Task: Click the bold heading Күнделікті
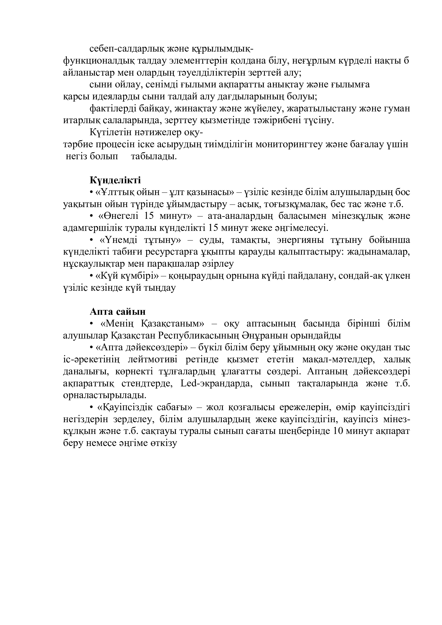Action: pyautogui.click(x=115, y=180)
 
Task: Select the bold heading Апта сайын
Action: pyautogui.click(x=118, y=311)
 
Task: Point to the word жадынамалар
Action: pyautogui.click(x=379, y=252)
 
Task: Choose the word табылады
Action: pyautogui.click(x=154, y=157)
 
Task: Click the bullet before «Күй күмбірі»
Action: pyautogui.click(x=91, y=276)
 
